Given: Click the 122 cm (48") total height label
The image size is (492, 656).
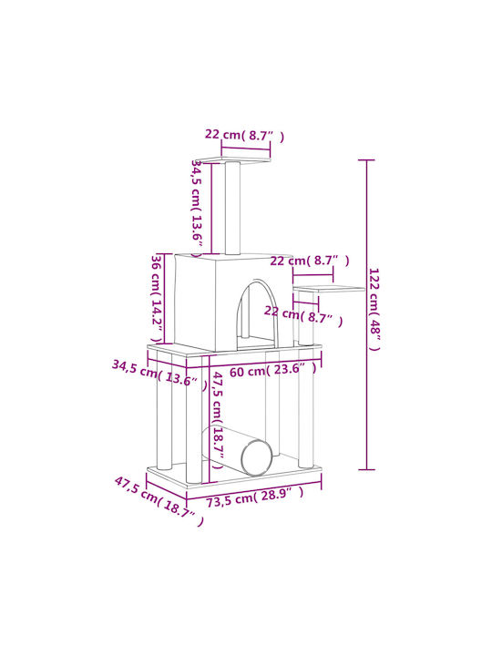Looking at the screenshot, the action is [374, 309].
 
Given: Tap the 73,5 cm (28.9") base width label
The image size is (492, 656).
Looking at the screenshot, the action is [254, 497].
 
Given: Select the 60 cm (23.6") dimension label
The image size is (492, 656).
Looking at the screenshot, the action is [273, 370].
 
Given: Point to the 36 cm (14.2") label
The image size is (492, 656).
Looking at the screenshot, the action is [157, 299].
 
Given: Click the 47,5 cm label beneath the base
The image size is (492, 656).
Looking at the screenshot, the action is [159, 502].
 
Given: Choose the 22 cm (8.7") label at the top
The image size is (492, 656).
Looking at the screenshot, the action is [244, 135].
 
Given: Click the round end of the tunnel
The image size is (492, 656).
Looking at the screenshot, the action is [257, 458].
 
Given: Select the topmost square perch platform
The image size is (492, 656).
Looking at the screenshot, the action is [235, 159].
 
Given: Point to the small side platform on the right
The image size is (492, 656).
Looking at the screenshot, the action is [329, 289].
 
